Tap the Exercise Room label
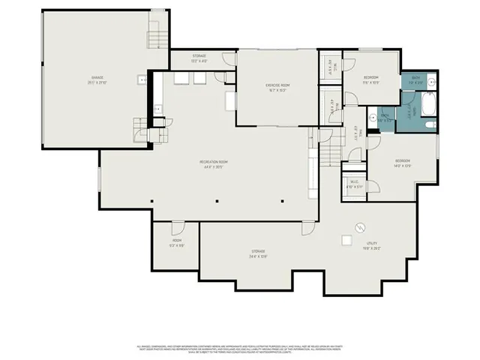click(x=277, y=88)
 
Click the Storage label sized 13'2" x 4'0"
click(x=199, y=58)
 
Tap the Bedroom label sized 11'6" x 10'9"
click(x=371, y=79)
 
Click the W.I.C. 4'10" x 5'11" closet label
click(x=354, y=184)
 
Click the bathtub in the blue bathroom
click(x=427, y=104)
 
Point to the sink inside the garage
click(x=140, y=79)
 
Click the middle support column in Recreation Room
click(x=217, y=201)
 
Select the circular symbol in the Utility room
click(x=359, y=226)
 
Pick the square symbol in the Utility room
click(x=346, y=240)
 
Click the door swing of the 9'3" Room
click(x=176, y=227)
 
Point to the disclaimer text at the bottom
click(x=239, y=349)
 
